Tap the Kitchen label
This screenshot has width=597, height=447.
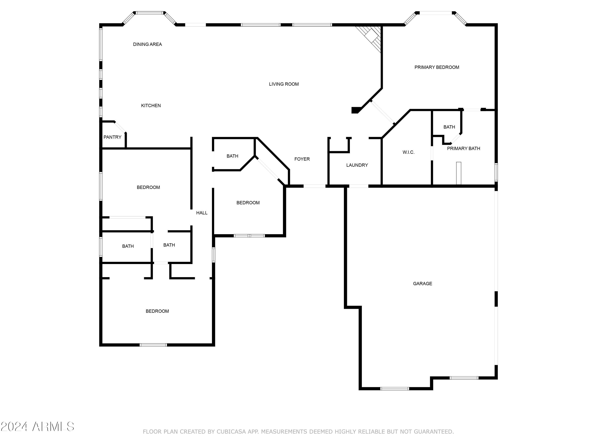(151, 106)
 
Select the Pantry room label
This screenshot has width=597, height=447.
(112, 137)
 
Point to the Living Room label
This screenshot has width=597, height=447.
(284, 84)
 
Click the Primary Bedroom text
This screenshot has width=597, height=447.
(437, 67)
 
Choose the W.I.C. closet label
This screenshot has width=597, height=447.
(408, 152)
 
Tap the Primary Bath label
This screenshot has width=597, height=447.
(463, 148)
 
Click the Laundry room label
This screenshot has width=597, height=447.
(357, 165)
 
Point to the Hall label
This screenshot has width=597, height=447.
(202, 213)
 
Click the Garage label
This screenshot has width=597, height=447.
(422, 283)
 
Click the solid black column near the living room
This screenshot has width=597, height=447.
(356, 110)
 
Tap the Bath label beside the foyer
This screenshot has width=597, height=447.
(232, 156)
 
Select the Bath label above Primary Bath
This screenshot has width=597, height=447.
(449, 127)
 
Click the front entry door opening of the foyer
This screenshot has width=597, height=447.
(314, 186)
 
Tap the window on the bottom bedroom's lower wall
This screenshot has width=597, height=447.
(153, 345)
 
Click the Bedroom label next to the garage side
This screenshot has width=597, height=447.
(248, 203)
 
